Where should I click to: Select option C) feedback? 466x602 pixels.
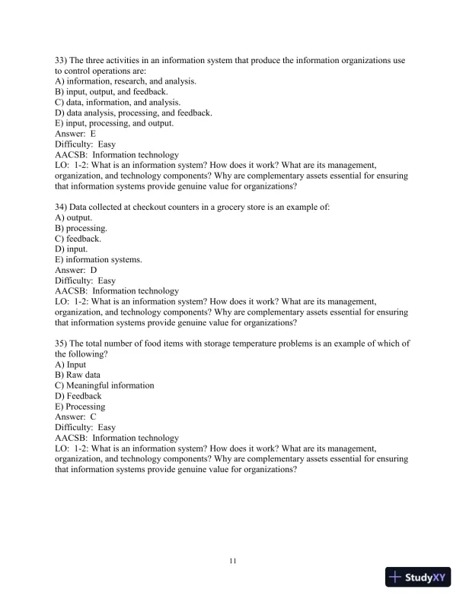click(x=78, y=238)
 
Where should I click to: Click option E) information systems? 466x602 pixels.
click(x=98, y=259)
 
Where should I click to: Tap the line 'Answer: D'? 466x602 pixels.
click(x=76, y=270)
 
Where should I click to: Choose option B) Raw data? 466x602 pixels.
click(x=78, y=375)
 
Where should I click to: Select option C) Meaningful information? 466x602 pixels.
click(x=104, y=385)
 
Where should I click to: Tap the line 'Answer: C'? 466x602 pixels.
click(x=75, y=417)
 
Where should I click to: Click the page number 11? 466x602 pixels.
click(x=233, y=561)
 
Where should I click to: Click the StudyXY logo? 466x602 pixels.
click(x=418, y=577)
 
